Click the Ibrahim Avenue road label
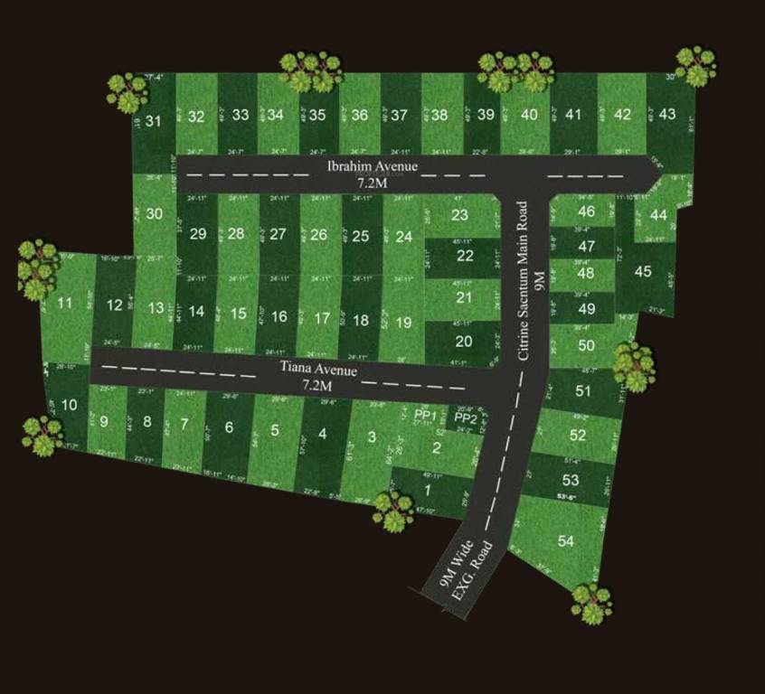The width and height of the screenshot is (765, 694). [372, 166]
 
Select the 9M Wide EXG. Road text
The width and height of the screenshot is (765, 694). [467, 570]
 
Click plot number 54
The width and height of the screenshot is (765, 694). [565, 541]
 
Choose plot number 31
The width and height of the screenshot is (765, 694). [154, 121]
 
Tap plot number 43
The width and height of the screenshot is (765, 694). [667, 114]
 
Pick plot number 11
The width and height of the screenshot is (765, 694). [64, 303]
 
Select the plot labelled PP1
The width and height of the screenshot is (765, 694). [426, 415]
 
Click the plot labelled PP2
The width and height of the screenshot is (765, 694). [465, 417]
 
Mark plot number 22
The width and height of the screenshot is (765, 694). [465, 256]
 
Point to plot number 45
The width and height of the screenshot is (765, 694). [643, 271]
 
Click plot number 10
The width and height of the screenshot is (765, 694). [69, 404]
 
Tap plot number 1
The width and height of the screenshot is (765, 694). [428, 490]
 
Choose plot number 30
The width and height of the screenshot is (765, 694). [155, 214]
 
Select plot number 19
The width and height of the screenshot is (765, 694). [403, 322]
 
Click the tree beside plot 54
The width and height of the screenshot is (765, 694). [591, 603]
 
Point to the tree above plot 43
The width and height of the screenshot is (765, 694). [695, 65]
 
